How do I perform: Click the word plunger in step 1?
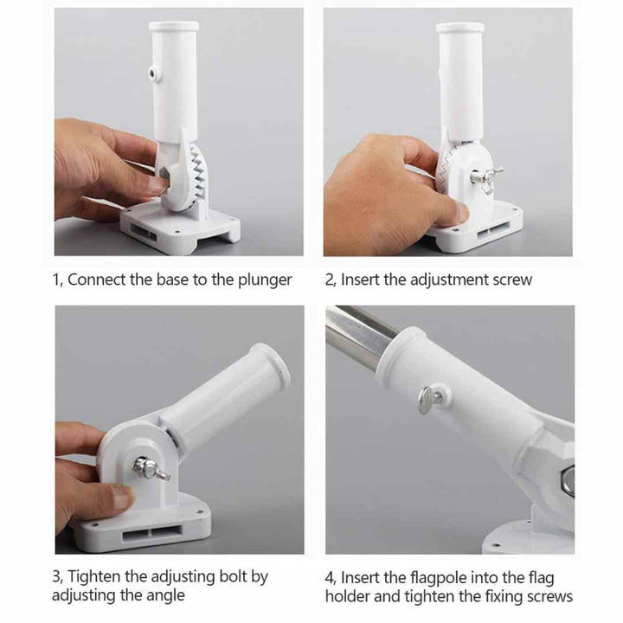pyautogui.click(x=265, y=280)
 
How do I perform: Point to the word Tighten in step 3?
pyautogui.click(x=93, y=577)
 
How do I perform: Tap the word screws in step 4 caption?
pyautogui.click(x=550, y=597)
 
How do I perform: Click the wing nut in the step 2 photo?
pyautogui.click(x=485, y=177)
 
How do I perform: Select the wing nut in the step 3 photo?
pyautogui.click(x=151, y=469)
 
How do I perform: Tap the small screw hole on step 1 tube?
pyautogui.click(x=152, y=74)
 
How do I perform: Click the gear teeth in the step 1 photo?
pyautogui.click(x=199, y=170)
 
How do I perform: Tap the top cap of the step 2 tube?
pyautogui.click(x=460, y=28)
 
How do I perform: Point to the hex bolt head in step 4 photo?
pyautogui.click(x=568, y=480)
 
